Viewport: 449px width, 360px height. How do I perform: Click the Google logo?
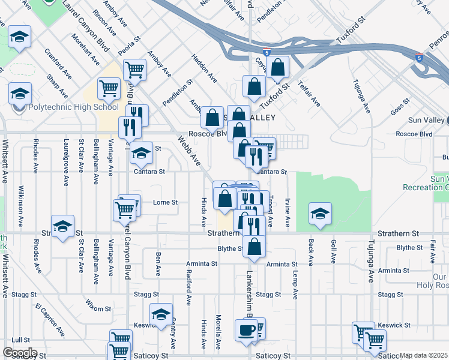coord(19,353)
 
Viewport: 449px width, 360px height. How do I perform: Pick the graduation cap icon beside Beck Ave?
coord(320,214)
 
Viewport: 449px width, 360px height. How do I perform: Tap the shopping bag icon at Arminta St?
coord(255,246)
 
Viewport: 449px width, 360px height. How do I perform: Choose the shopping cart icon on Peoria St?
coord(135,70)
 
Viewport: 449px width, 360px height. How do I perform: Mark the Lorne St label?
coord(166,203)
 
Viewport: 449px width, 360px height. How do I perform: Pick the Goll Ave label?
coord(334,251)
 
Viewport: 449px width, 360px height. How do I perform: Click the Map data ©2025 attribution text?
coord(423,355)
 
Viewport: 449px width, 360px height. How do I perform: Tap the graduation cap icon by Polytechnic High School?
coord(20,94)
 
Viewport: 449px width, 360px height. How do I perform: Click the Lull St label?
coord(20,340)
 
